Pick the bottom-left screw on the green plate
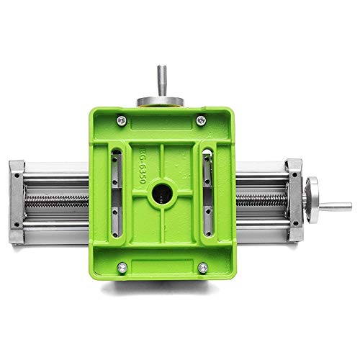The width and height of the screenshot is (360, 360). (121, 269)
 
